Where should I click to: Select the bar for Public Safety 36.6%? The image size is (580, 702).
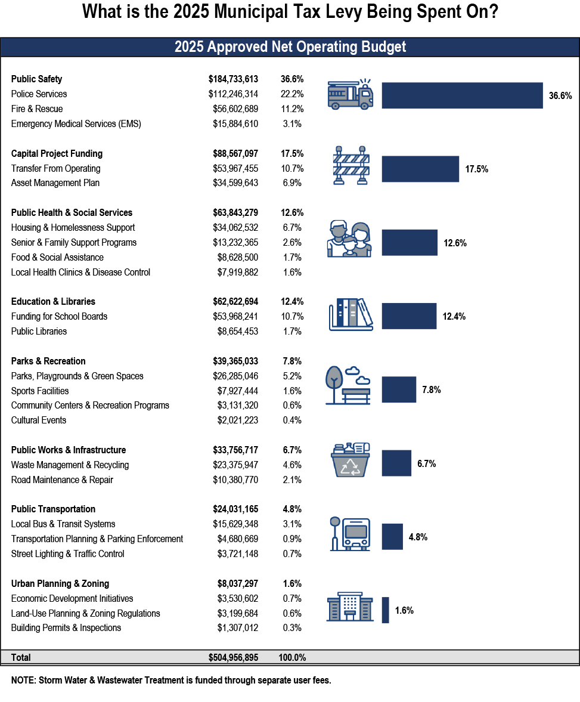(462, 95)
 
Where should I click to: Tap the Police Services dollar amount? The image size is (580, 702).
(233, 94)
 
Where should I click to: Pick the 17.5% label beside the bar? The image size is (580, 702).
(476, 169)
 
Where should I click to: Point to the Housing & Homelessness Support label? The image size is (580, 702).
(73, 228)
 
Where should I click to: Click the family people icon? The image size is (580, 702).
(349, 239)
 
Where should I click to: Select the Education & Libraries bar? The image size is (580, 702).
(409, 316)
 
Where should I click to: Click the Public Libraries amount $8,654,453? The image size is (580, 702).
(237, 332)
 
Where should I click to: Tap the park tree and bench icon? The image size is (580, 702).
(348, 386)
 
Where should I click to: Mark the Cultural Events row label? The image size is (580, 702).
(39, 420)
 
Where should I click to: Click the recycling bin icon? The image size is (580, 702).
(351, 460)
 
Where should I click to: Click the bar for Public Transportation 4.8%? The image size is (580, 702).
(392, 537)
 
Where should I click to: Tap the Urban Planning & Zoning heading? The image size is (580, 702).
(60, 584)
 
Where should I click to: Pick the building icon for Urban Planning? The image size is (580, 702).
(350, 607)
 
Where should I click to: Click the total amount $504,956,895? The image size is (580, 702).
(233, 658)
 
